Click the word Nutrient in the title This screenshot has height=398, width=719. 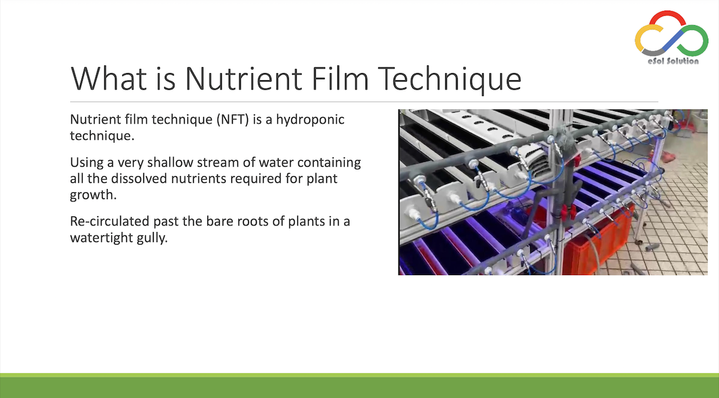(x=244, y=79)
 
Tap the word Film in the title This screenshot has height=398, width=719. (x=340, y=78)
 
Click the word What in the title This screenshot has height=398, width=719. (x=109, y=79)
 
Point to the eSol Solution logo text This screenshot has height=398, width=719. (x=673, y=61)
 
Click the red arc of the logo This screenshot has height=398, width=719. (x=667, y=14)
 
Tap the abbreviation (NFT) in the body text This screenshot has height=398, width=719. (x=232, y=119)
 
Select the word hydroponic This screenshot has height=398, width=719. (x=310, y=119)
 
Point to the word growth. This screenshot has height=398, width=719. (x=93, y=195)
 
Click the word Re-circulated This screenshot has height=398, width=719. (x=110, y=221)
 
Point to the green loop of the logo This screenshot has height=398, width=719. (x=693, y=41)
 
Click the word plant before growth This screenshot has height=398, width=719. (x=322, y=179)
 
